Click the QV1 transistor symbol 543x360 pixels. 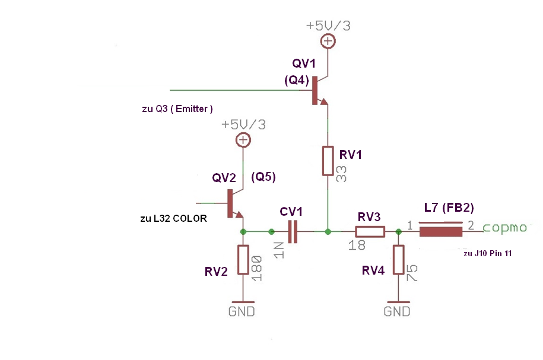click(x=317, y=91)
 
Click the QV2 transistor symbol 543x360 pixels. click(x=233, y=203)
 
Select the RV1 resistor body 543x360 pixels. click(x=328, y=161)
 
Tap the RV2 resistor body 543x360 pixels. click(x=243, y=260)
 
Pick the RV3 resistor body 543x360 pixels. click(x=370, y=231)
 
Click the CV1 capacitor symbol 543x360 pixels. click(x=292, y=231)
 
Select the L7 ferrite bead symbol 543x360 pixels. click(x=440, y=231)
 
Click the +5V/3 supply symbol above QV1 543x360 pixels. click(x=327, y=41)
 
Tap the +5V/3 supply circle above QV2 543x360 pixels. click(x=243, y=140)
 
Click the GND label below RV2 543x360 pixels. click(x=242, y=311)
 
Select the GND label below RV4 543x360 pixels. click(x=397, y=311)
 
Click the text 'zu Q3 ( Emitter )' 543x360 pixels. click(x=177, y=109)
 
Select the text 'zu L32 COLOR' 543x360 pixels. click(x=173, y=218)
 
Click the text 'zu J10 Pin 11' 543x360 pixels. click(x=487, y=253)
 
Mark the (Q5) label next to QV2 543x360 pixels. click(x=264, y=177)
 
